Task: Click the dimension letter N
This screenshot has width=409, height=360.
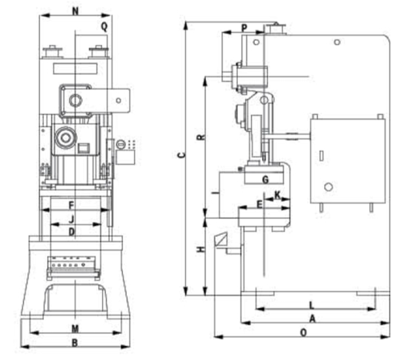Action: click(x=75, y=11)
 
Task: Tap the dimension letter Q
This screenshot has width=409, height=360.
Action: click(x=103, y=26)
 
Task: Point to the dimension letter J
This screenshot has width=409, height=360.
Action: click(x=72, y=218)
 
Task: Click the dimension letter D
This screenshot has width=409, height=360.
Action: click(x=72, y=231)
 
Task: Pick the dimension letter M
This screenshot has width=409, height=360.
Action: click(x=75, y=327)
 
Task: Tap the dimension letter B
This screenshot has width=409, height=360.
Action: click(x=74, y=342)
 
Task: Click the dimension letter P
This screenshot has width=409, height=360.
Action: click(x=244, y=28)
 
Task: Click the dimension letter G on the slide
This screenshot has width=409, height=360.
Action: click(x=265, y=179)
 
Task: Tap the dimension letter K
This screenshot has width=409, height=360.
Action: click(x=278, y=195)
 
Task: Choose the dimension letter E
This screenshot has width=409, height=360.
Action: click(x=259, y=205)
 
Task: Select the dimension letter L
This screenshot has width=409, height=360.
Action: click(x=311, y=305)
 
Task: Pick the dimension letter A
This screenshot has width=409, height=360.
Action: click(x=312, y=319)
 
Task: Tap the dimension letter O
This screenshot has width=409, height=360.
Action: click(x=303, y=333)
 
